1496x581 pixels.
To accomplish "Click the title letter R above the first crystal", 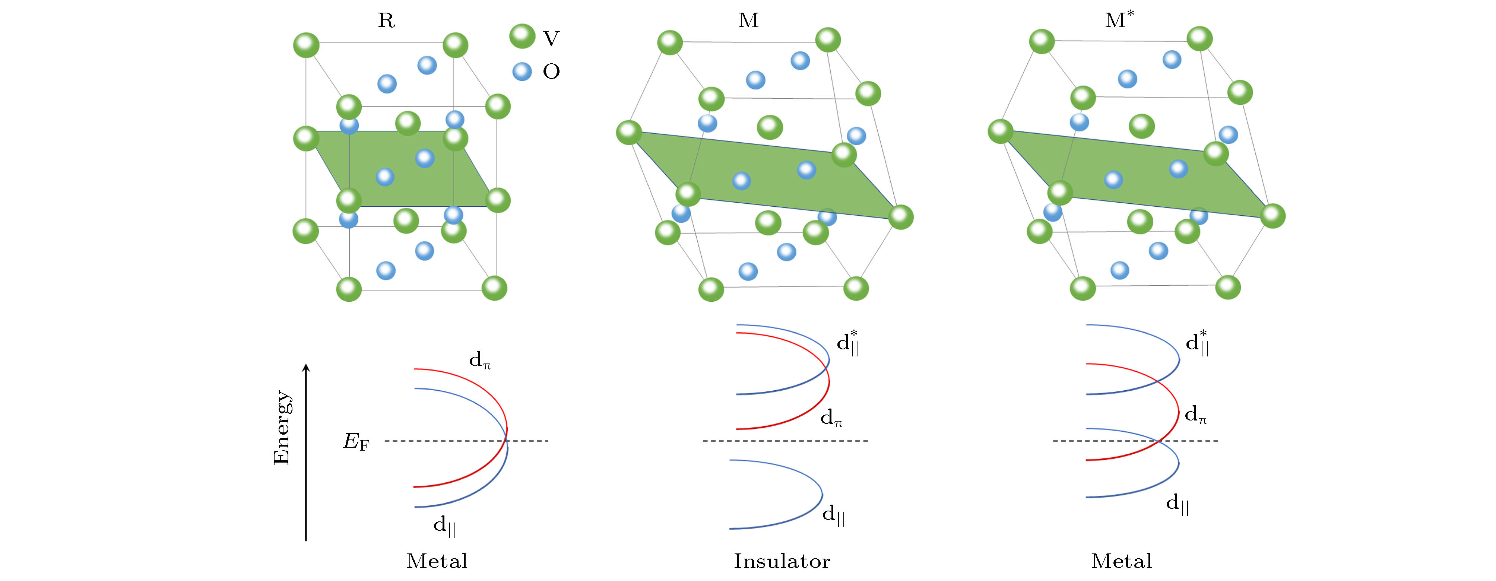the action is point(386,20).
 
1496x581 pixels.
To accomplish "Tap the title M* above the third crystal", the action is point(1119,19).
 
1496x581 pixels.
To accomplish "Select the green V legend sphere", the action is point(522,36).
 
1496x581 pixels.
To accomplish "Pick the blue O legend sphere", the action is point(522,72).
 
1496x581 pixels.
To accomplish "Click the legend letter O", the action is point(551,72).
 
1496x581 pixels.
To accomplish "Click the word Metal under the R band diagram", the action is point(437,561).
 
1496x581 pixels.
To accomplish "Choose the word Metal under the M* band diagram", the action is point(1121,561).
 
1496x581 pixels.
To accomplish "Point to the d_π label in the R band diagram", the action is point(480,361).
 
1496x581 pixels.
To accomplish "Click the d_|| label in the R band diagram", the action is point(445,526).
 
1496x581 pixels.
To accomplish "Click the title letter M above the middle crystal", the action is point(749,20).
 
